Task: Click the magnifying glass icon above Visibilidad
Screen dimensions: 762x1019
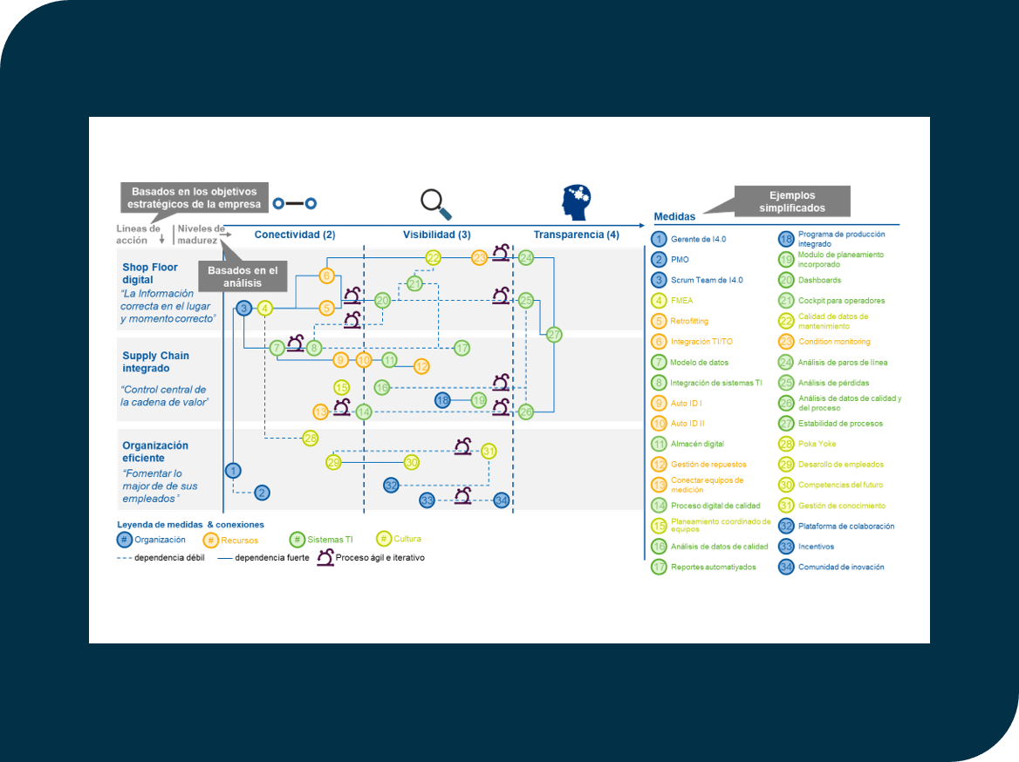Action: (435, 203)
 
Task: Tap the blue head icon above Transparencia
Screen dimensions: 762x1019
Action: (576, 202)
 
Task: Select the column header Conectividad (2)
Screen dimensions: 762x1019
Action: (294, 235)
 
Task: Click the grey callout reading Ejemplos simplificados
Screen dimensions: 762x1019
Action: (791, 202)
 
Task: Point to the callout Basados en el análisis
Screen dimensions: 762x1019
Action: (242, 276)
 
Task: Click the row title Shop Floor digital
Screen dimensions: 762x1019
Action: (150, 274)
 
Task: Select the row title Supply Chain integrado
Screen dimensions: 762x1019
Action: (155, 362)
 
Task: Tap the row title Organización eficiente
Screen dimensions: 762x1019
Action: (154, 452)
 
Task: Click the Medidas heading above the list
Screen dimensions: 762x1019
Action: (674, 217)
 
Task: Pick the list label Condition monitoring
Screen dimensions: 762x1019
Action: (834, 342)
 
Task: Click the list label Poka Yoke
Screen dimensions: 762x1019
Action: (818, 444)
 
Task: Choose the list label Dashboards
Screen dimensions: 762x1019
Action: (819, 280)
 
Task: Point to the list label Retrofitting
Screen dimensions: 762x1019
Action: (689, 321)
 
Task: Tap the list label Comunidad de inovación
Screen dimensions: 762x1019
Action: (841, 567)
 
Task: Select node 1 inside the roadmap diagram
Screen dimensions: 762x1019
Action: (233, 471)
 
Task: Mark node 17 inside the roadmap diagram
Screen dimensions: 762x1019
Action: (462, 348)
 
